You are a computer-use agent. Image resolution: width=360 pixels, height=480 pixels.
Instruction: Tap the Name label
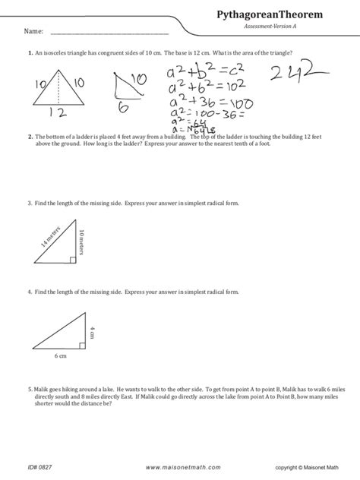[x=31, y=32]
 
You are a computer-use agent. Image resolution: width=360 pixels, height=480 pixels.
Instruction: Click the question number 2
[x=28, y=137]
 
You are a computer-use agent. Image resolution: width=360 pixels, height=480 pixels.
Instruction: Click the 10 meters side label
[x=81, y=242]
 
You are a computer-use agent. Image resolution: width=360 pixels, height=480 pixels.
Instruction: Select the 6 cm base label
[x=60, y=355]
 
